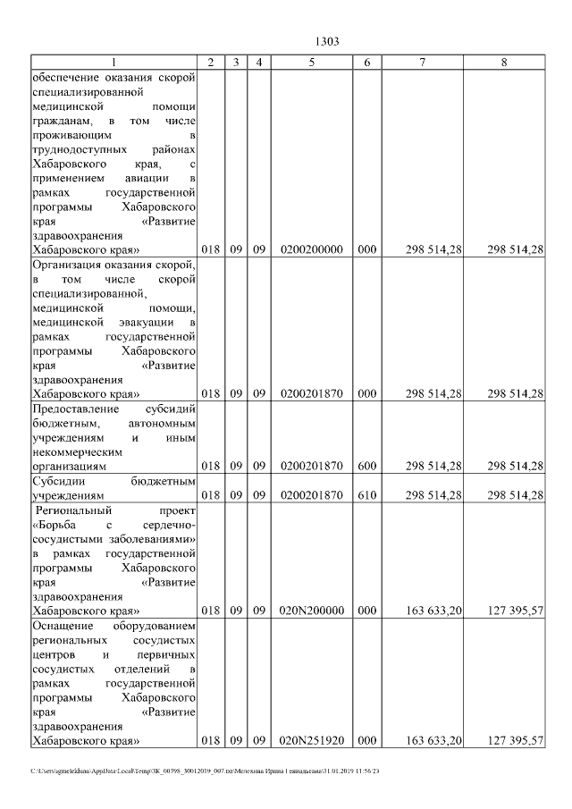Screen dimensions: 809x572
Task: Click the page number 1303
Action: coord(328,41)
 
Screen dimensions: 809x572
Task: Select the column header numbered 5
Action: coord(311,63)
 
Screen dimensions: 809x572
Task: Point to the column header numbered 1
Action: coord(113,63)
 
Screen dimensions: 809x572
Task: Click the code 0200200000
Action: coord(311,249)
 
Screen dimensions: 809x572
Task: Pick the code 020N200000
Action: coord(311,611)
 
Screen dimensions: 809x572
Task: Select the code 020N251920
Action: coord(311,740)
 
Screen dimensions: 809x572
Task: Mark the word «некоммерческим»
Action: coord(76,451)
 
